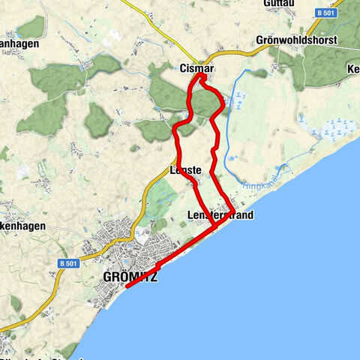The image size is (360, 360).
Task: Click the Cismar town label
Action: (x=197, y=68)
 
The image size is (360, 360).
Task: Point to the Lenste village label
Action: (x=185, y=171)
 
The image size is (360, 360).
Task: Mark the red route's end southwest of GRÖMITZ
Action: (x=127, y=286)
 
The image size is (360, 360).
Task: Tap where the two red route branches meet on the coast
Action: (x=215, y=224)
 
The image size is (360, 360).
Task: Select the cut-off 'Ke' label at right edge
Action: (x=352, y=70)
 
